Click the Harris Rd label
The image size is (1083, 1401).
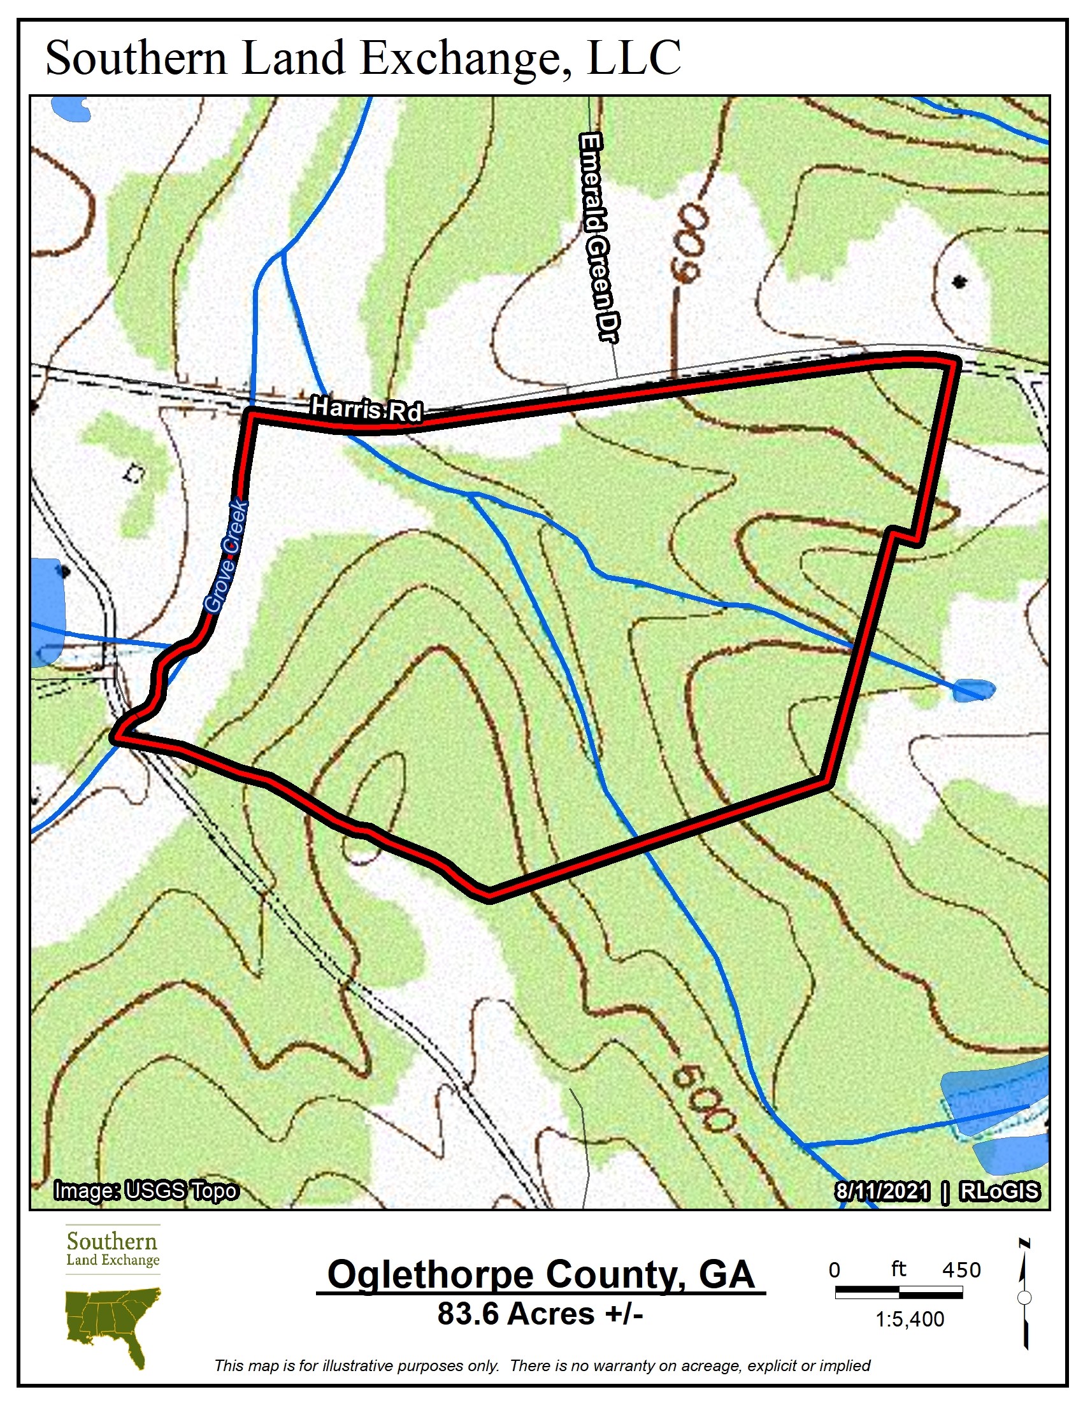pyautogui.click(x=366, y=409)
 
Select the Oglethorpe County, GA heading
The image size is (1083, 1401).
pyautogui.click(x=541, y=1275)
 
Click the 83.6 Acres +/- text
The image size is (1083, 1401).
pyautogui.click(x=540, y=1314)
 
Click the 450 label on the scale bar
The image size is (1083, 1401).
pyautogui.click(x=961, y=1270)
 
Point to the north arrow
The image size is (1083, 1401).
pyautogui.click(x=1024, y=1296)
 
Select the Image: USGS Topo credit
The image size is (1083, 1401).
pyautogui.click(x=147, y=1191)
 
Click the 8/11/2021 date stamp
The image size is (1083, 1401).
pyautogui.click(x=882, y=1192)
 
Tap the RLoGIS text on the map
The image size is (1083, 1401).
pyautogui.click(x=999, y=1192)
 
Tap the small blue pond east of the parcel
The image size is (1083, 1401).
pyautogui.click(x=973, y=690)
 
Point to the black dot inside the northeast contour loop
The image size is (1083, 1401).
pyautogui.click(x=959, y=281)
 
